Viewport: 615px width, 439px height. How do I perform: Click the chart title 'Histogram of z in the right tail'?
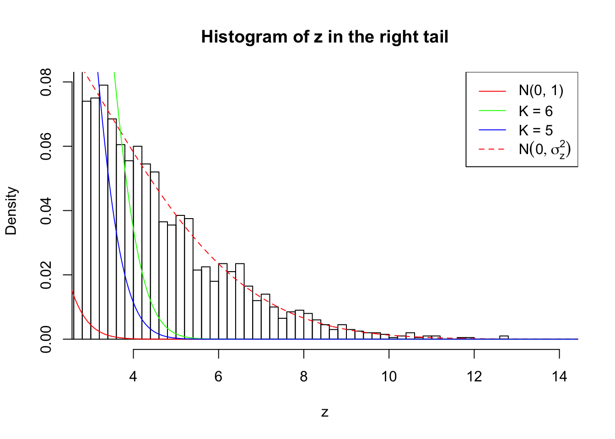324,37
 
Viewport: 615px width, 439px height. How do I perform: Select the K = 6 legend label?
535,111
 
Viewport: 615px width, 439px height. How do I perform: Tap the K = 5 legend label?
535,130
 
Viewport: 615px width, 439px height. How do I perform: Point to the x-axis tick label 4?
133,376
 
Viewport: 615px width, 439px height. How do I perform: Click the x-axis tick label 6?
218,376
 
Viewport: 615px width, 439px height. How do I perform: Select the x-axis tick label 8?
304,376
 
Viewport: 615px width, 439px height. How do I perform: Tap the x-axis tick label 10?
389,376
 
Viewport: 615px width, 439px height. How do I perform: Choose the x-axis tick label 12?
474,376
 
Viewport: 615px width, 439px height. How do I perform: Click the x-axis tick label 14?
559,376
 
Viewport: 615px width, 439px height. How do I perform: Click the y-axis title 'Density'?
11,211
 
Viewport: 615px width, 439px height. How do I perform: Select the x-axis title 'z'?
324,412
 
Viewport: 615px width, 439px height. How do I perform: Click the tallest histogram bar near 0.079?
103,210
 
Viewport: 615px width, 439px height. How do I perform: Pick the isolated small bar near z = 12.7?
504,337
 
